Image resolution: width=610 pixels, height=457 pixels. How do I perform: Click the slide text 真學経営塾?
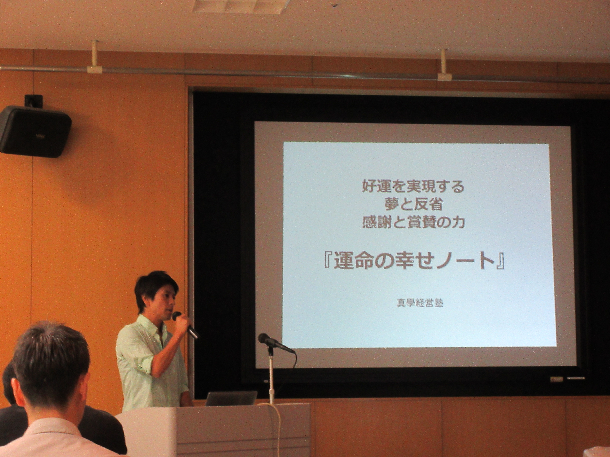click(420, 303)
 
